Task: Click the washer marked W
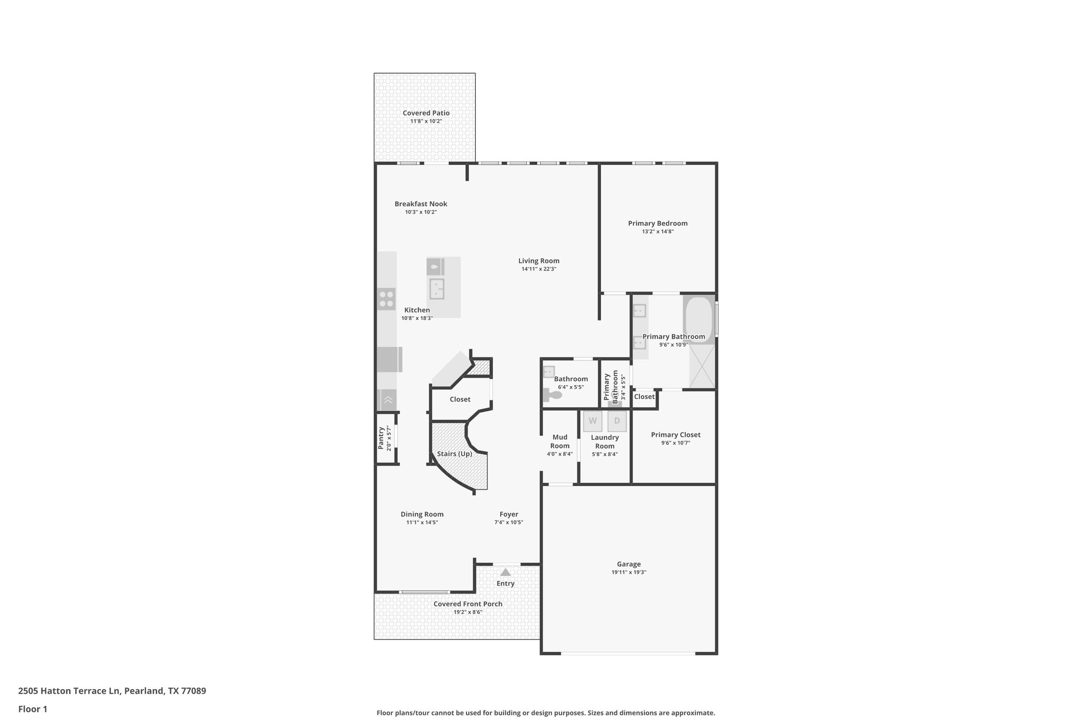[x=592, y=421]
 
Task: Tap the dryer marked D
[x=617, y=421]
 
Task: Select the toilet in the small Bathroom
[x=552, y=395]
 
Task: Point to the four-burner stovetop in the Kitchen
[x=387, y=299]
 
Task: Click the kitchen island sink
[x=437, y=289]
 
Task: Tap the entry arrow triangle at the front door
[x=505, y=572]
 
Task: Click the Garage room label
[x=629, y=564]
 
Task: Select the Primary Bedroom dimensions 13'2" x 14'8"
[x=657, y=231]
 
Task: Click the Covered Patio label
[x=426, y=113]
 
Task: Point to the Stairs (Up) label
[x=454, y=454]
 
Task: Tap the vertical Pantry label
[x=381, y=438]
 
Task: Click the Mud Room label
[x=559, y=441]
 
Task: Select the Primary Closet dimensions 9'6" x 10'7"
[x=676, y=443]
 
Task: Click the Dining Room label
[x=422, y=514]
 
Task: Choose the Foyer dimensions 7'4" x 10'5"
[x=509, y=522]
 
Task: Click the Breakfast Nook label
[x=421, y=204]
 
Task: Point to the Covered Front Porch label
[x=468, y=604]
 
